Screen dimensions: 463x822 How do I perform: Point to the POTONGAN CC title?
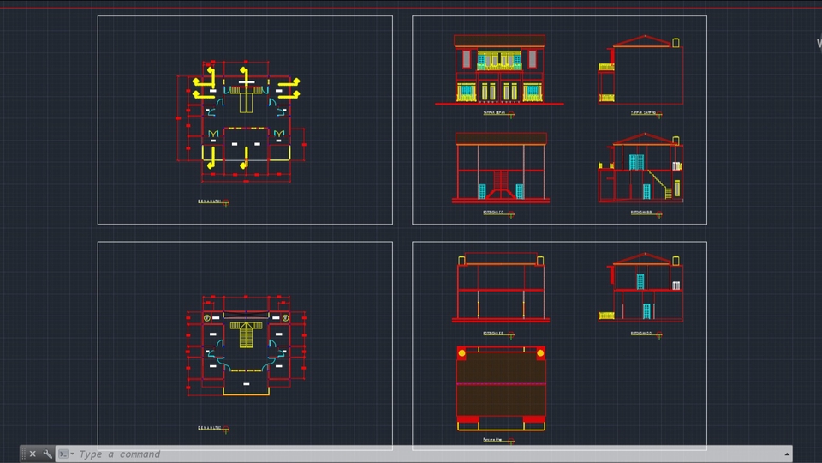pyautogui.click(x=493, y=212)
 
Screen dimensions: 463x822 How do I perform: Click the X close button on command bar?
pyautogui.click(x=33, y=454)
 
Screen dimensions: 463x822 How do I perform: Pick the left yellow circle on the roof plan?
pyautogui.click(x=462, y=352)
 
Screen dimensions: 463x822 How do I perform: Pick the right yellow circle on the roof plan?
pyautogui.click(x=540, y=352)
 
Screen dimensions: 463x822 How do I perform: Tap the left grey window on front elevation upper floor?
pyautogui.click(x=466, y=59)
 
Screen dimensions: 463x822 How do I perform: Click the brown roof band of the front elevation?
pyautogui.click(x=499, y=40)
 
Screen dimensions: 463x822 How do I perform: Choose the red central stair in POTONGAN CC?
pyautogui.click(x=500, y=188)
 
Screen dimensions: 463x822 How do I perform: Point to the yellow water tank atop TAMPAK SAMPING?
pyautogui.click(x=676, y=41)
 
